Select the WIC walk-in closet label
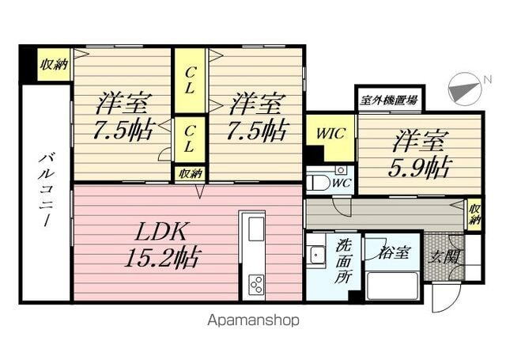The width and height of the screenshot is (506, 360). pos(330,133)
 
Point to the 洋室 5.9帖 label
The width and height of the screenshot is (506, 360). pos(419,154)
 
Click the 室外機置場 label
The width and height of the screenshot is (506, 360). pos(388,100)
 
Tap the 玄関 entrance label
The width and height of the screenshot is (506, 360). pos(443,255)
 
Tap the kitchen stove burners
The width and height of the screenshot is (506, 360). pos(257,282)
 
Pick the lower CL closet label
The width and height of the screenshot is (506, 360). pos(190,139)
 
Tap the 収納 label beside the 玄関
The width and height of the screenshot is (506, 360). pos(474,214)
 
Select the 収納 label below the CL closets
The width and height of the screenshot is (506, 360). pos(190,173)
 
